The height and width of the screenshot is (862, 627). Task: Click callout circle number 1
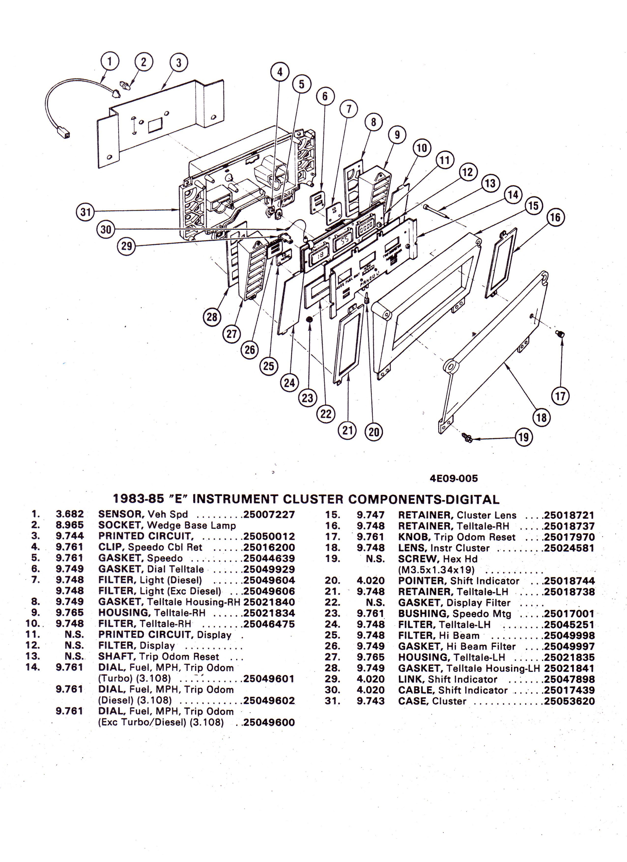coord(110,61)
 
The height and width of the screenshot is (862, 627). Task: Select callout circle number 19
coord(523,437)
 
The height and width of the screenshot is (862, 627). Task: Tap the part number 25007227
coord(269,515)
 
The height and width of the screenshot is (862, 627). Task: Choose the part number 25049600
coord(269,722)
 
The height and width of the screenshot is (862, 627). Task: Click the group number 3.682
coord(70,514)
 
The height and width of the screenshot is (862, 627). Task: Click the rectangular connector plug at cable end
coord(64,133)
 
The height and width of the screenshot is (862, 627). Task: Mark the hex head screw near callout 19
coord(467,437)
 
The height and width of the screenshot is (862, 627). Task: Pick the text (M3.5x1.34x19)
coord(436,570)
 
